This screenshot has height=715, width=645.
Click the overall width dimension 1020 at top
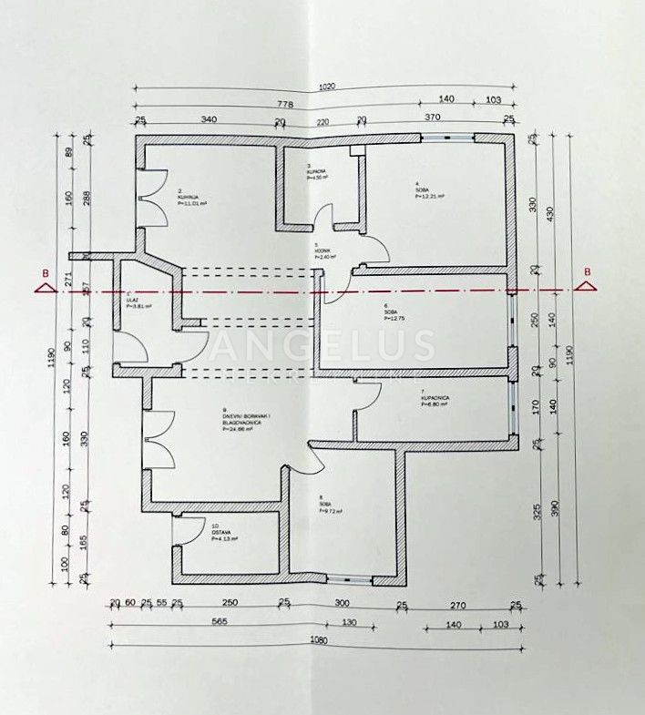point(326,87)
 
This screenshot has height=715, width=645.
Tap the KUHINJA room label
point(189,198)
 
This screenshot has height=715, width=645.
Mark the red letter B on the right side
point(588,271)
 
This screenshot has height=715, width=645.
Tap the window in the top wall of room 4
point(447,138)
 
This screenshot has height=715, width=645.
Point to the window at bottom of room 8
point(350,578)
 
